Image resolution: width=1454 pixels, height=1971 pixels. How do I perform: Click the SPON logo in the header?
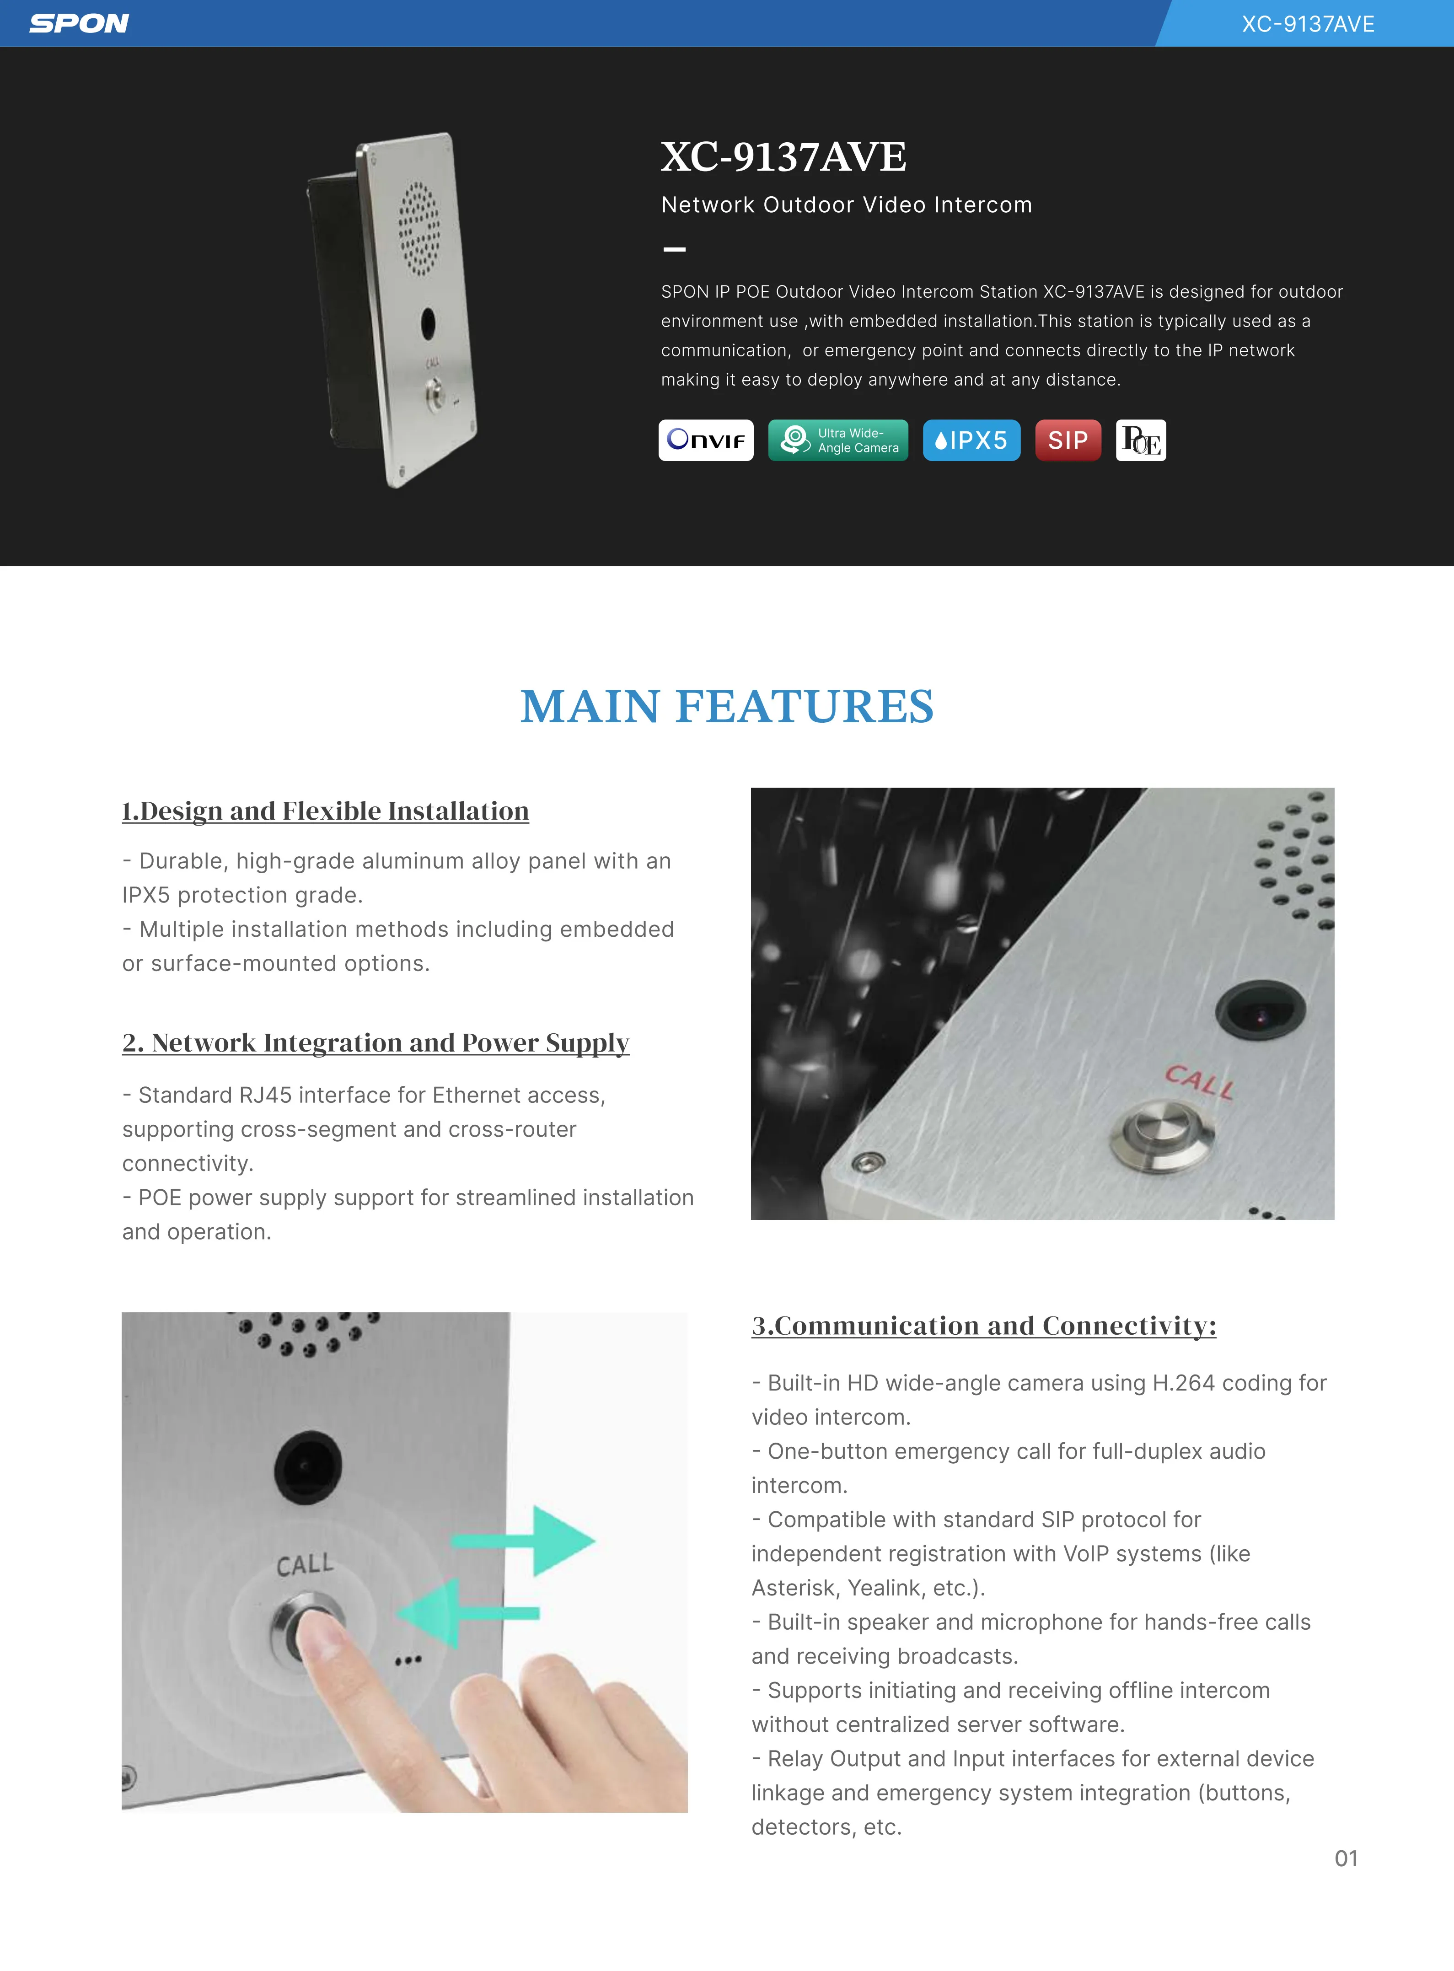(x=79, y=24)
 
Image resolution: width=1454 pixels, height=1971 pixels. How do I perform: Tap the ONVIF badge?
(x=706, y=440)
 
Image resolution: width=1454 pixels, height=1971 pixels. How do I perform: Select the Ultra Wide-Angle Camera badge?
(x=838, y=440)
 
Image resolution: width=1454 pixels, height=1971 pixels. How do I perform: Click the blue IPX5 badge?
(x=971, y=440)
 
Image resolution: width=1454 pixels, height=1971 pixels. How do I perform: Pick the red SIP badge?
(x=1068, y=440)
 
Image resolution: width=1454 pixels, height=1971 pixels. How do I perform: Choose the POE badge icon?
(x=1141, y=440)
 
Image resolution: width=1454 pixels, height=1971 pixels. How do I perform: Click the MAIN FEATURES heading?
(x=727, y=706)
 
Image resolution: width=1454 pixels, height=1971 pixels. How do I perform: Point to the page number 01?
(x=1346, y=1858)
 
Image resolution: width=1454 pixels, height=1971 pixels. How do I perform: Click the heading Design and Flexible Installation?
(x=326, y=811)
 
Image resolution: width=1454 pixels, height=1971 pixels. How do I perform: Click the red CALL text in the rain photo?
(x=1199, y=1082)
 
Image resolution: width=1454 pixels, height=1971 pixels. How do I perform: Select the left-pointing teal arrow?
(x=462, y=1613)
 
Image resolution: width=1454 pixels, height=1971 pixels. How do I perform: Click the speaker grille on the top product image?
(x=419, y=227)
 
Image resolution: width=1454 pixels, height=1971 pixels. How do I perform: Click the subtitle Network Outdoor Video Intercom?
(x=846, y=205)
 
